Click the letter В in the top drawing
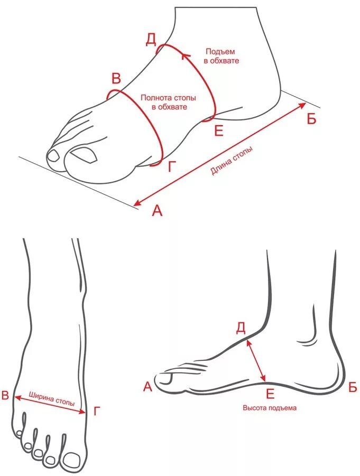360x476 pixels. [116, 79]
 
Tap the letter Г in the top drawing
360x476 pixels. [171, 167]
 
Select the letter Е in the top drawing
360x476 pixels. [218, 130]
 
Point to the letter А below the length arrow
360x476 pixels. [157, 211]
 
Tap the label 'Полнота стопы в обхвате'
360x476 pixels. [168, 102]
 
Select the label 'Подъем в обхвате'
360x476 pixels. [221, 57]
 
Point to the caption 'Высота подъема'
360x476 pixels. [270, 408]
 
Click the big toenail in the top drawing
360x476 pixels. [84, 154]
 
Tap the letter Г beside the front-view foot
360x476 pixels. [96, 411]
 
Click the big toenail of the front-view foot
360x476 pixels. [72, 461]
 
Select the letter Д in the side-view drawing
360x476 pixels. [241, 328]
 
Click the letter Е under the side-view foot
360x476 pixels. [270, 393]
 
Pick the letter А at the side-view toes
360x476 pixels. [147, 387]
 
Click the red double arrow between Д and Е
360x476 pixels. [256, 360]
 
